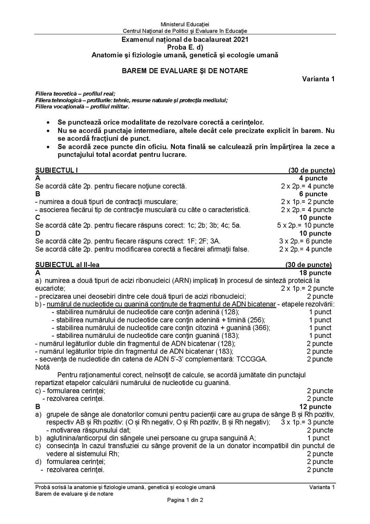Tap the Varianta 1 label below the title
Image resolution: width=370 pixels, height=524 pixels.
(x=319, y=79)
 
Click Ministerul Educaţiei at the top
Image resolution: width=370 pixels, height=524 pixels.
(x=185, y=24)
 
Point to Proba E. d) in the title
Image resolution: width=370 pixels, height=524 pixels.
(x=185, y=47)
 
